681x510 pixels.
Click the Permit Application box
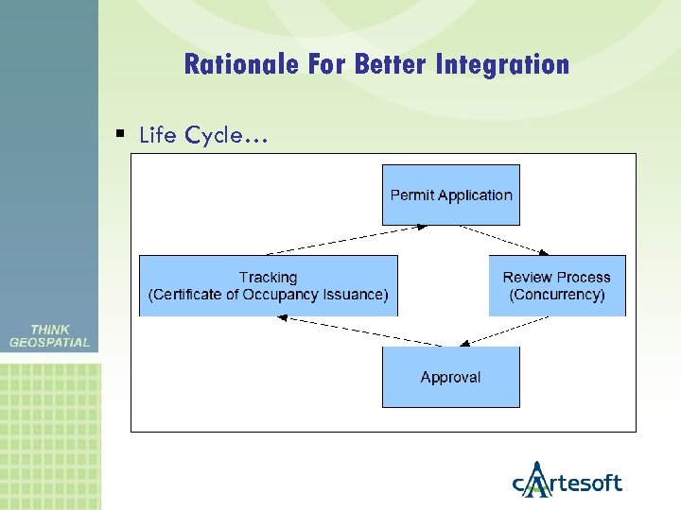point(451,195)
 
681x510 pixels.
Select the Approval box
point(451,377)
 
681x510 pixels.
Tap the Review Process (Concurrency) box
point(557,285)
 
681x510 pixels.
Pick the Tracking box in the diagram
point(269,285)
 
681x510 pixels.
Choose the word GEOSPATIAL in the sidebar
point(49,343)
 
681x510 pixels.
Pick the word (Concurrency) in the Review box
point(557,295)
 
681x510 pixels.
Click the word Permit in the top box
point(412,195)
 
